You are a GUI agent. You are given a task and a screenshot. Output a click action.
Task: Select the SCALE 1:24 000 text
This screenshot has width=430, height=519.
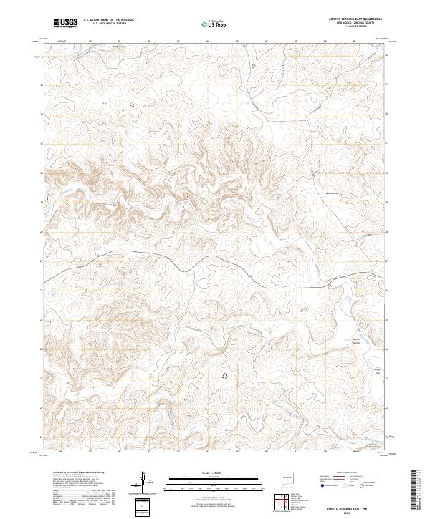click(x=195, y=472)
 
